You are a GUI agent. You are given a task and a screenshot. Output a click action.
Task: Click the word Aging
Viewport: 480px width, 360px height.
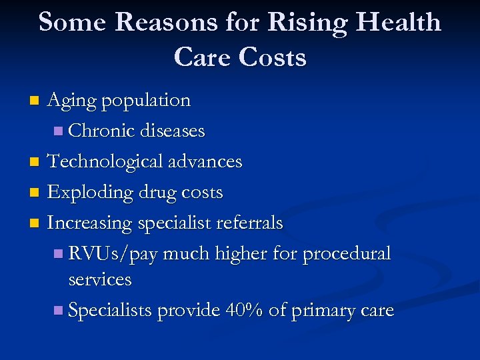tap(73, 101)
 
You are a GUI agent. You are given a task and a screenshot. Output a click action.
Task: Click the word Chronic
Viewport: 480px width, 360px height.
tap(102, 131)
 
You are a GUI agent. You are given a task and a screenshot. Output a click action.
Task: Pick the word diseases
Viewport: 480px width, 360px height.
tap(173, 131)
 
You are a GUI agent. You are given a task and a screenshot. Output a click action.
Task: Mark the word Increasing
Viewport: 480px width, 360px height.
tap(90, 223)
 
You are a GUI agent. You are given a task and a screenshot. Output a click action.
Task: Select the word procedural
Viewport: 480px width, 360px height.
tap(347, 254)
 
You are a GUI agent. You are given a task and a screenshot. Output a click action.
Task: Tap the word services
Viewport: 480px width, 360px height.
tap(100, 279)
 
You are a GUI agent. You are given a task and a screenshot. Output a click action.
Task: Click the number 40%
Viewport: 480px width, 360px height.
tap(243, 310)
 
